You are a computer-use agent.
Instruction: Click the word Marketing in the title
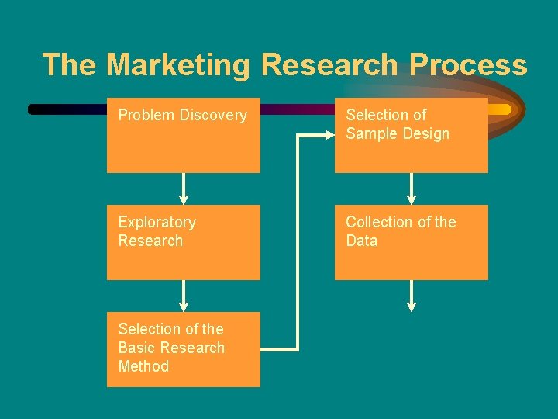click(178, 65)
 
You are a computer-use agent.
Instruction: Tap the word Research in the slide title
click(332, 65)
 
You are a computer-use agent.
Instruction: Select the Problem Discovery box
click(184, 135)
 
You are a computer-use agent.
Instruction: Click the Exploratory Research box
click(184, 242)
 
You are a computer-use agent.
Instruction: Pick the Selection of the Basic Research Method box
click(184, 349)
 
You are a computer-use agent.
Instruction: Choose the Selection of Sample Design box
click(411, 135)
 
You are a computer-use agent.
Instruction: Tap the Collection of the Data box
click(411, 242)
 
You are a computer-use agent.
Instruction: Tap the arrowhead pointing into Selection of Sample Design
click(328, 135)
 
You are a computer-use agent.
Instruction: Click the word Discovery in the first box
click(213, 116)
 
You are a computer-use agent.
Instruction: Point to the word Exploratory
click(157, 223)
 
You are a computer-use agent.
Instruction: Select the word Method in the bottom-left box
click(143, 366)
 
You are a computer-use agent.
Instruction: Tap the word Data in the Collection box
click(362, 241)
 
